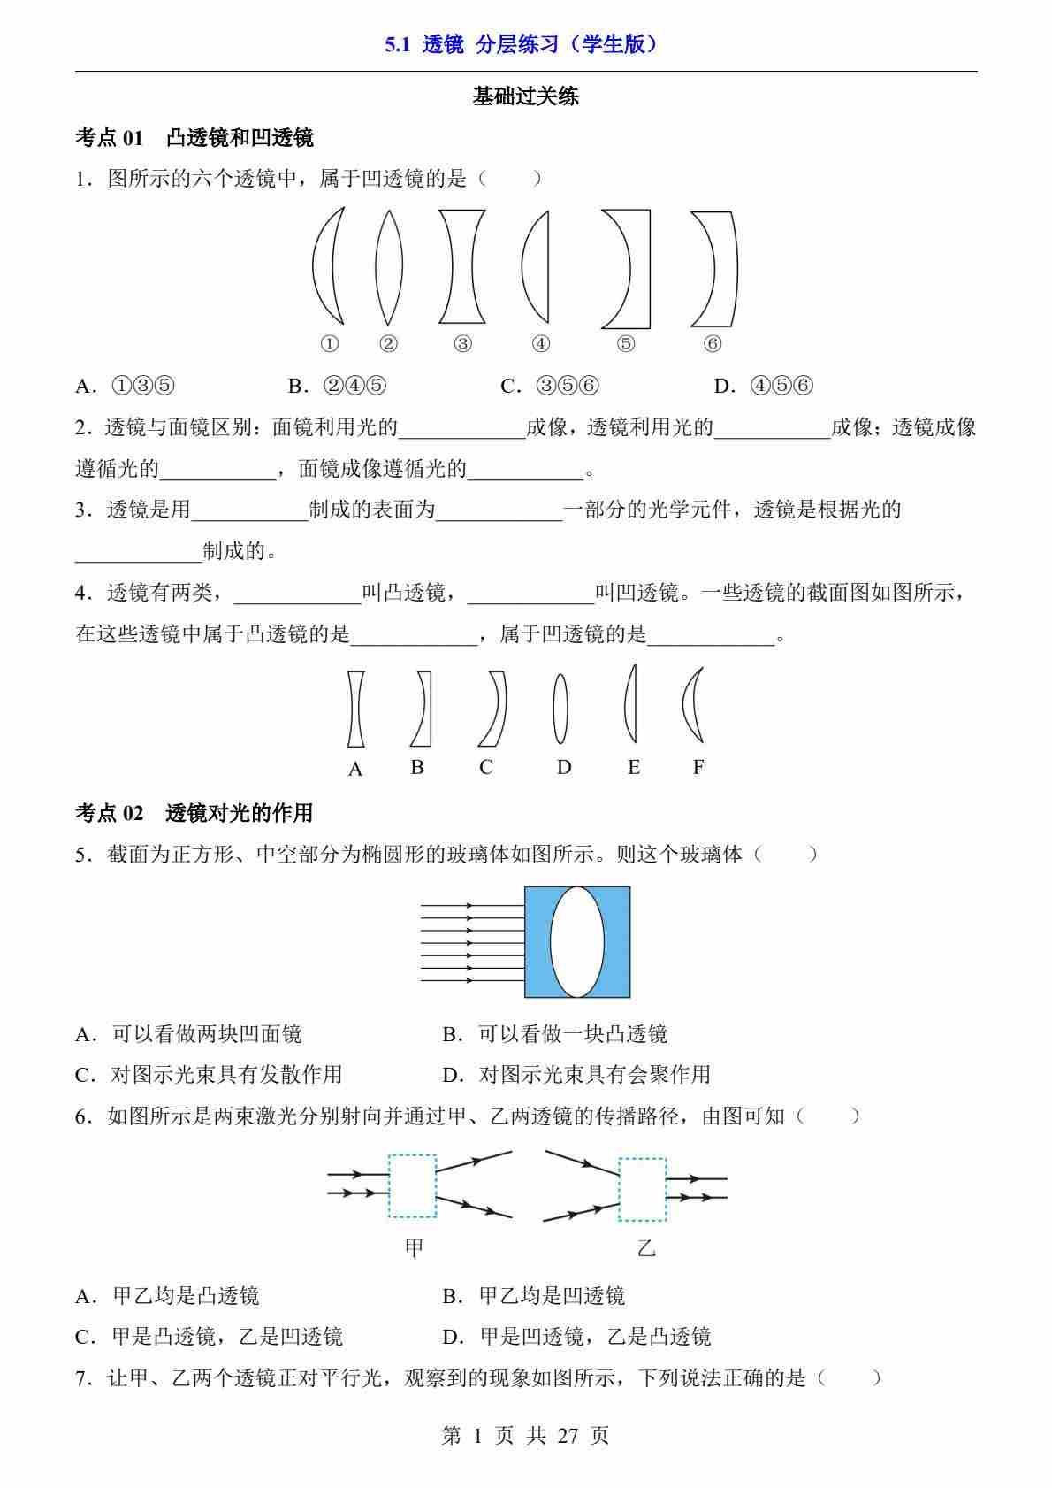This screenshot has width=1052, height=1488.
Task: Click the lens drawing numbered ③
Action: tap(462, 266)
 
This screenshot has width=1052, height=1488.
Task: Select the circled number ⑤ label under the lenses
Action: tap(626, 344)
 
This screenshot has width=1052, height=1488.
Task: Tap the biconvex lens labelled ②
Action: tap(389, 266)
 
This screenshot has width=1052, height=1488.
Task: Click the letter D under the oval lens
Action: tap(564, 767)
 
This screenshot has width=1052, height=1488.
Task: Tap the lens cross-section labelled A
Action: tap(355, 709)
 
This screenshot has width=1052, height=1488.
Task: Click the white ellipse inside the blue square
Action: tap(577, 941)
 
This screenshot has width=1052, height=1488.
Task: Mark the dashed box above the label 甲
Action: tap(412, 1185)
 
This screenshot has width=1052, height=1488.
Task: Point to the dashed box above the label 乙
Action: tap(643, 1189)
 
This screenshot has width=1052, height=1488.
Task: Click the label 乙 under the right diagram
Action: tap(646, 1248)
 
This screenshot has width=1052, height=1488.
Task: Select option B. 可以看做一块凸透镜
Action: tap(554, 1033)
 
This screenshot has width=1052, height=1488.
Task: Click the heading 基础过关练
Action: tap(525, 96)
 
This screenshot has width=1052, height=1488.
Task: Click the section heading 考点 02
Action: tap(110, 812)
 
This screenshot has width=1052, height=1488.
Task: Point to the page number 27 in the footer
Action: tap(568, 1435)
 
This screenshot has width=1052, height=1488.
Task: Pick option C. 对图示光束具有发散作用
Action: tap(209, 1074)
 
